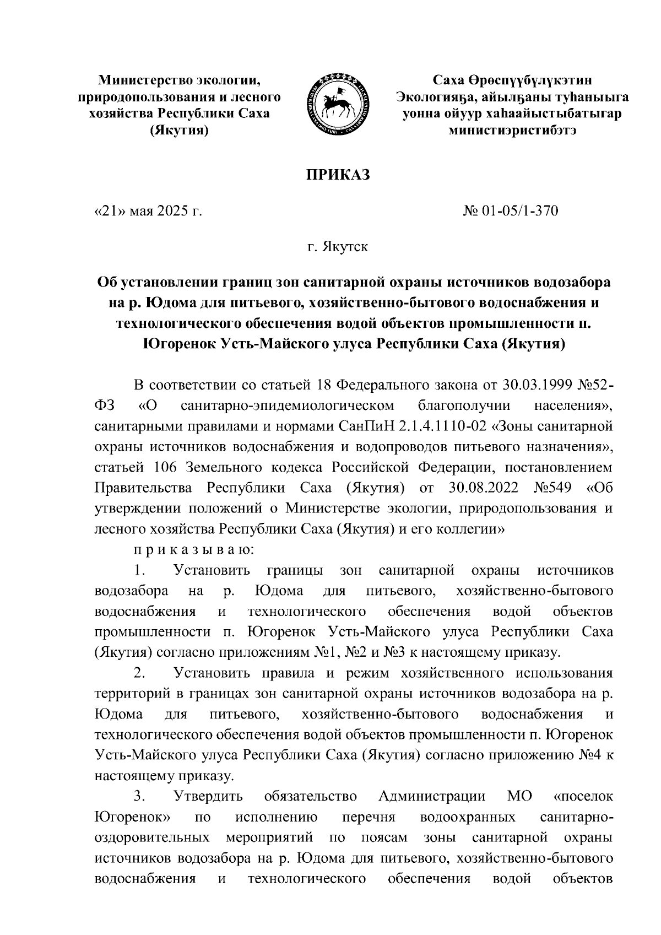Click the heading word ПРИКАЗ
tap(338, 175)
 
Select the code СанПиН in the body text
tap(362, 426)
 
